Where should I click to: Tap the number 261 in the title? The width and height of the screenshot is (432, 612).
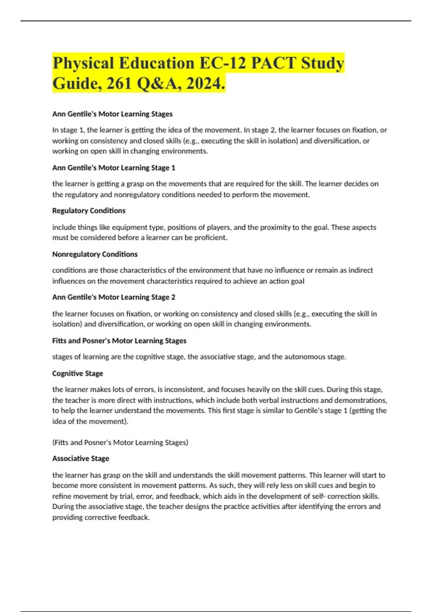click(119, 84)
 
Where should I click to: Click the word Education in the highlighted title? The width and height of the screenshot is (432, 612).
click(157, 63)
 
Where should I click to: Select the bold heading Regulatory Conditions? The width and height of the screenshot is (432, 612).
click(89, 211)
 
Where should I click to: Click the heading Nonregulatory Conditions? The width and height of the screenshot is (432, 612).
click(95, 254)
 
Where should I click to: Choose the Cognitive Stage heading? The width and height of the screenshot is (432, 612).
click(78, 373)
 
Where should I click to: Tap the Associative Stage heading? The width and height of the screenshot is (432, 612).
click(81, 459)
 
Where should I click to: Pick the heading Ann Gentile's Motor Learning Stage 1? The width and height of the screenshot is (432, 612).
click(114, 168)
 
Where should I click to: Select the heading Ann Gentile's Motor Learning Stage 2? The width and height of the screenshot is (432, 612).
click(114, 297)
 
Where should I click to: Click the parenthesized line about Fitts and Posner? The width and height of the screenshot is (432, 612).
click(120, 442)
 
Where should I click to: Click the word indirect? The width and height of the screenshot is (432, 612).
click(359, 270)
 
